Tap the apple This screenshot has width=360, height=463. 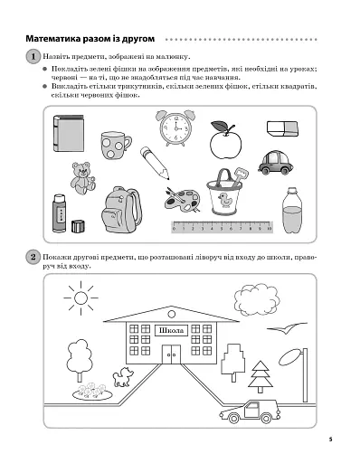coord(223,142)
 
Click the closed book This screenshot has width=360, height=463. coord(68,133)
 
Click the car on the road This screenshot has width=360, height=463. coord(248,412)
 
